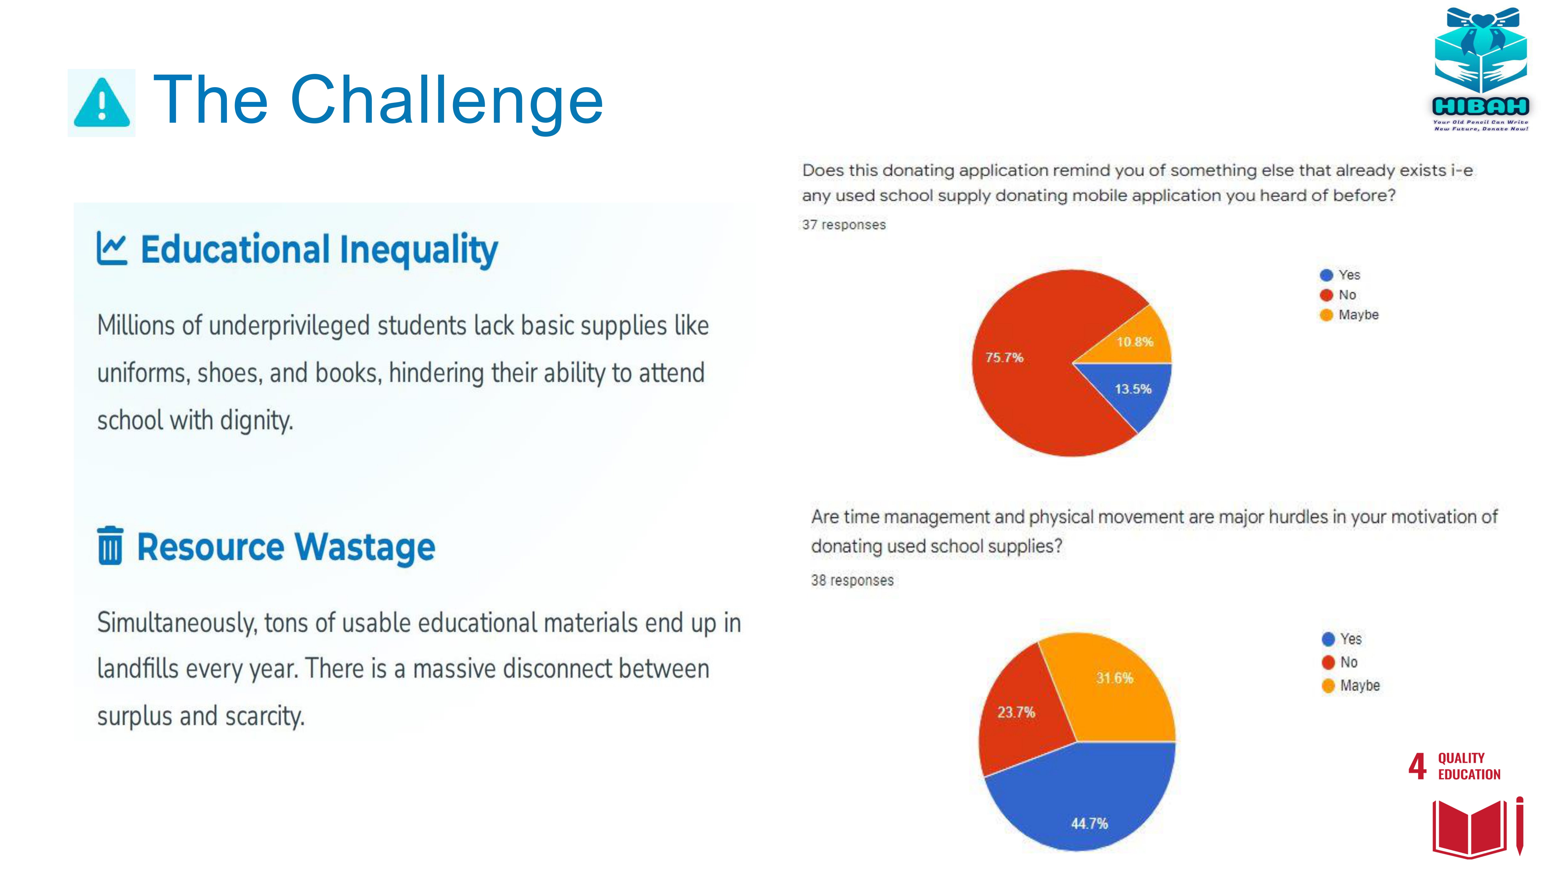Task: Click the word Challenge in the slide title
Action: [x=447, y=100]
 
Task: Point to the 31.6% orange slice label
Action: [x=1114, y=678]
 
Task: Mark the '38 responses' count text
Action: [x=852, y=581]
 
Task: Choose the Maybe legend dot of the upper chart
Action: [x=1326, y=315]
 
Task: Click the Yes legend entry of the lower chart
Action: [x=1341, y=639]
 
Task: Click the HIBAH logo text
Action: [x=1480, y=107]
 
